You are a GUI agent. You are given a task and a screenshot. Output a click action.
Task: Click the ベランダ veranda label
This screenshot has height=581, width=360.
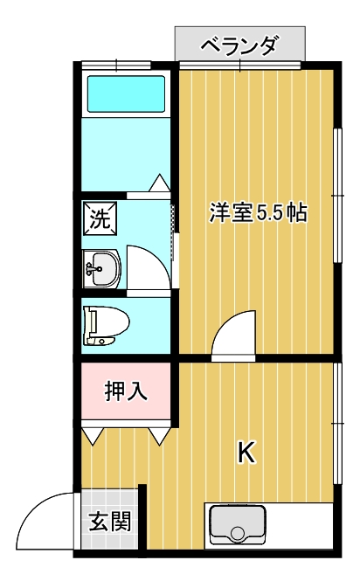[239, 45]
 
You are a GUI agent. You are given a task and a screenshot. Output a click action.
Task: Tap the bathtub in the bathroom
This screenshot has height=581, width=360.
[126, 93]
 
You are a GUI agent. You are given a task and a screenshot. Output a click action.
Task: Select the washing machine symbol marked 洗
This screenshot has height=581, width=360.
[100, 218]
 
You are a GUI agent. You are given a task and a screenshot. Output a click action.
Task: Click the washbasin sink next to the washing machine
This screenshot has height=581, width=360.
[102, 269]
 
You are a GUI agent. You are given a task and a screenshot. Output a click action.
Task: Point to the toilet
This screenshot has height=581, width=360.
[106, 325]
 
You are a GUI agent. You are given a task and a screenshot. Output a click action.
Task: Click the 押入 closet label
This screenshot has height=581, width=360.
[126, 391]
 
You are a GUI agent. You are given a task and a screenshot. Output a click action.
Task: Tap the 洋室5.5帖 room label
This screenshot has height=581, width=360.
[258, 212]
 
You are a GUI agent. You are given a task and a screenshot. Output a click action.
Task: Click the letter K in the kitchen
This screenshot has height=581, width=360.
[246, 452]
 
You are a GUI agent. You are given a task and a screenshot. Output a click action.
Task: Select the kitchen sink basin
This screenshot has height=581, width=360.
[238, 525]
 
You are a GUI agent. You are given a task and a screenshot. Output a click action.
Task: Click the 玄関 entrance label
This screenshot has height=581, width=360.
[110, 522]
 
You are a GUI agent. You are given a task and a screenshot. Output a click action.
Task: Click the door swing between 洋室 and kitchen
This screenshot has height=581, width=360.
[227, 323]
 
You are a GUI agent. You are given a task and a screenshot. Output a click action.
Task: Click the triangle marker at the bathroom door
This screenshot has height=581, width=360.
[160, 183]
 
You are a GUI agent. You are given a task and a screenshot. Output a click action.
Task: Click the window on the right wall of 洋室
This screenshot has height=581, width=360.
[338, 196]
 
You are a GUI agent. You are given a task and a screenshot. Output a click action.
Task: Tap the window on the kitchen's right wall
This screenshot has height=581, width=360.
[338, 423]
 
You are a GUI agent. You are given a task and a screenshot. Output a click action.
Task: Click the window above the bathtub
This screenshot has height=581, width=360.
[116, 65]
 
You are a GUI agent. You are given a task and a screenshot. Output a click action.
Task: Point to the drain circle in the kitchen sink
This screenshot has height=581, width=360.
[238, 533]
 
